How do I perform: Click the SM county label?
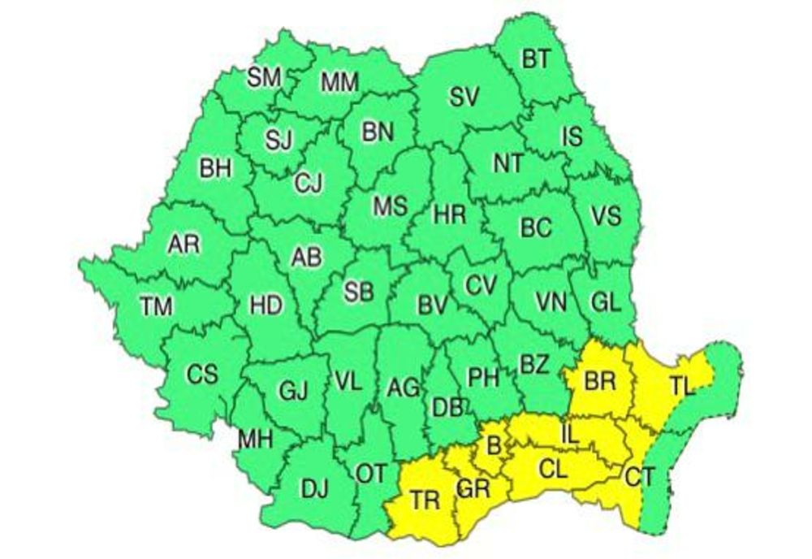(x=263, y=78)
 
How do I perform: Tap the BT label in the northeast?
(x=534, y=58)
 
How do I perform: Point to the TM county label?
(x=156, y=307)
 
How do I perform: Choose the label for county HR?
(x=449, y=214)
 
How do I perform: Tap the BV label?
(x=433, y=306)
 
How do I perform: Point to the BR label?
(x=600, y=381)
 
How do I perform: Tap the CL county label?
(x=556, y=469)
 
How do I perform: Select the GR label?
(x=473, y=489)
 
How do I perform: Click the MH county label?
(x=254, y=440)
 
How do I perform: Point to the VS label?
(x=605, y=216)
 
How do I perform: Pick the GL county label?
(x=606, y=301)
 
